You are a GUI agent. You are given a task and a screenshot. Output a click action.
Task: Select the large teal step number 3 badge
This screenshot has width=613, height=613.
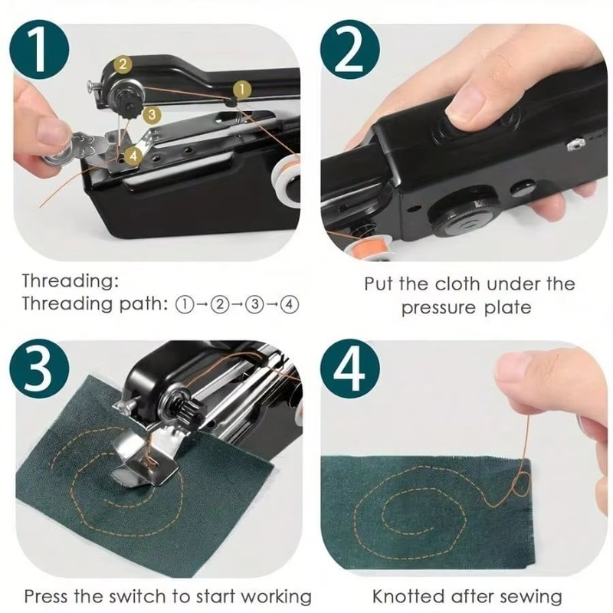[39, 370]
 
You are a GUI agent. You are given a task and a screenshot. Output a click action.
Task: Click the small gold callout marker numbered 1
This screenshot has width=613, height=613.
[241, 90]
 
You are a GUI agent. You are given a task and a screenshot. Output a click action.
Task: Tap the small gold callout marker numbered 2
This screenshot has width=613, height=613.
[122, 65]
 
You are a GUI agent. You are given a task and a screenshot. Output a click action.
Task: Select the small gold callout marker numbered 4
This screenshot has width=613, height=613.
[133, 155]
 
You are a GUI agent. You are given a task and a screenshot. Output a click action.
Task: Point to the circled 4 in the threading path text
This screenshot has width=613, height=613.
[289, 303]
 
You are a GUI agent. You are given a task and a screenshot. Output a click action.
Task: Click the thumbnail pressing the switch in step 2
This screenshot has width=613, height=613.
[469, 101]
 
